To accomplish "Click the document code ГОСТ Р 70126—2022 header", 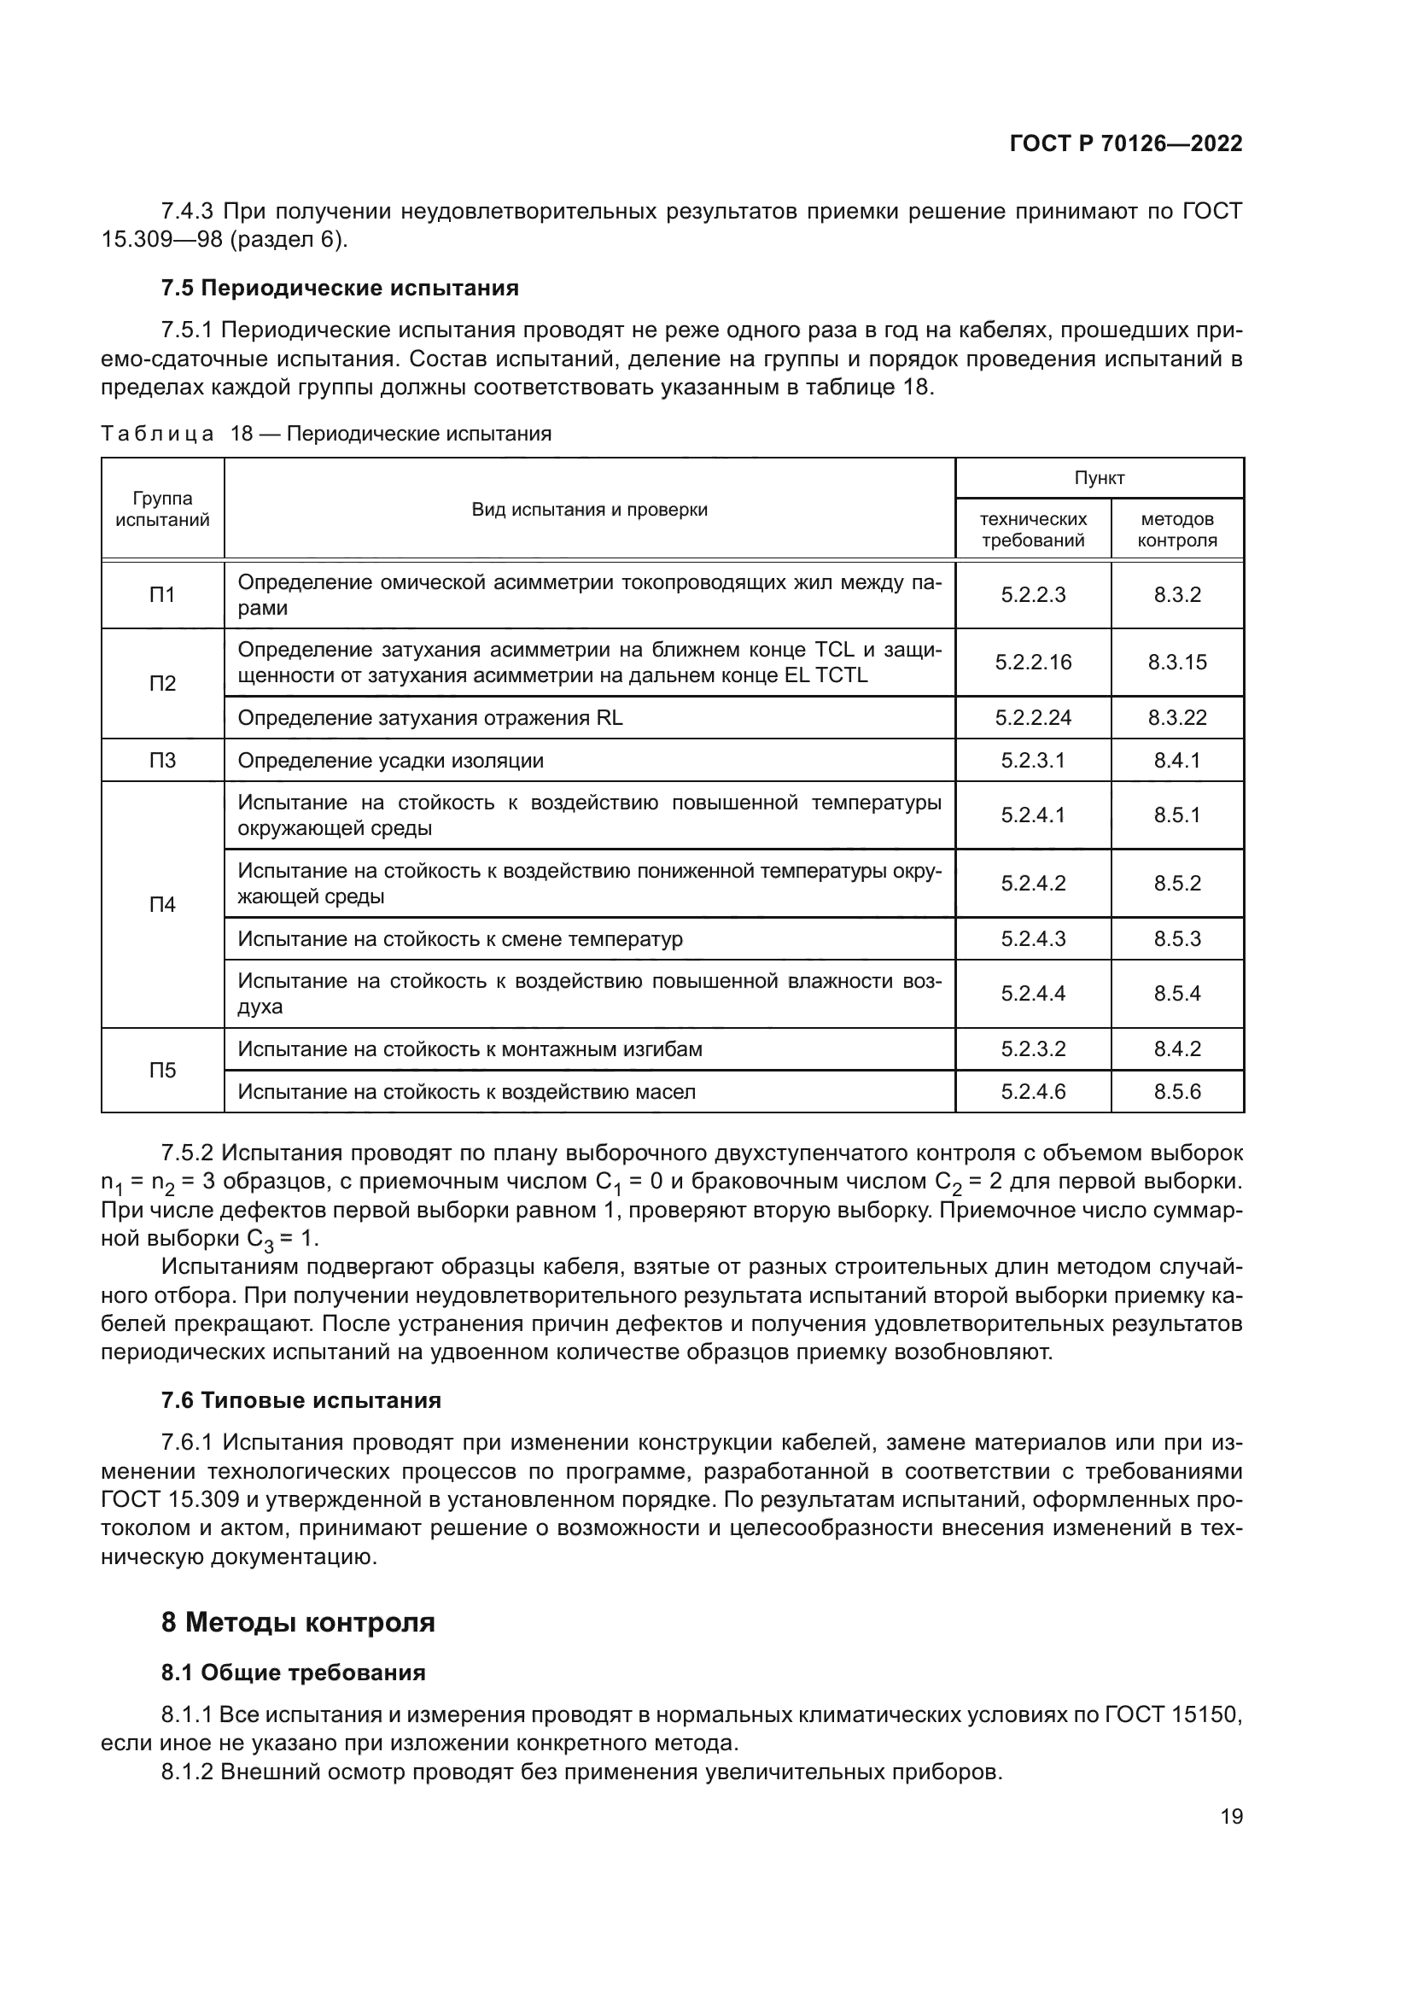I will (1125, 144).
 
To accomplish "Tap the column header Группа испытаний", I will (162, 509).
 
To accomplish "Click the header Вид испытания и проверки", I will (590, 510).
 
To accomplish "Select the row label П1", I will (162, 595).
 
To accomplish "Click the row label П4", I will (162, 904).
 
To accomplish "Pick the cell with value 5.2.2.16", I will (1033, 662).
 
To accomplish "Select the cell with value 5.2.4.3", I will (1033, 938).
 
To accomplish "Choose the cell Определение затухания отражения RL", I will (429, 717).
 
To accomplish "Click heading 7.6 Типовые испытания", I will (300, 1400).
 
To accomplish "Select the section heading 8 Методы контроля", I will (297, 1622).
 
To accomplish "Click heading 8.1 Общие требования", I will (293, 1673).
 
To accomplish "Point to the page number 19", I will (1231, 1817).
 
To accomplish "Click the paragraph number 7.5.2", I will (187, 1153).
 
